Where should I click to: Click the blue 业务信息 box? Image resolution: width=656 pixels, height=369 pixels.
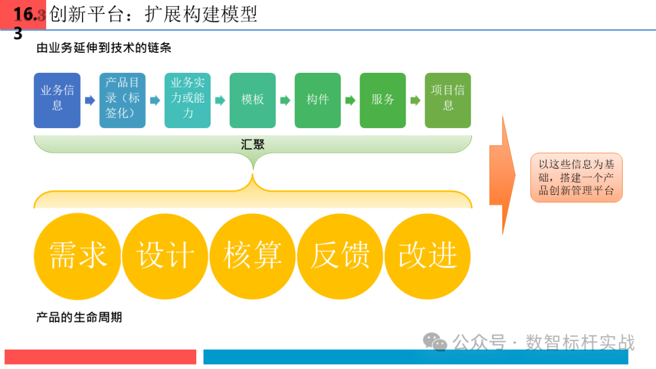click(x=57, y=100)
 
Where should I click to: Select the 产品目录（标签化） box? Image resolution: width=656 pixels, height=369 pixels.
click(x=122, y=100)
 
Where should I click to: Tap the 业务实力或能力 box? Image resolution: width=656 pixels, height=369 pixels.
click(x=187, y=100)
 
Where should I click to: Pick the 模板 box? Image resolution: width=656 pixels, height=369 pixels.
click(x=253, y=100)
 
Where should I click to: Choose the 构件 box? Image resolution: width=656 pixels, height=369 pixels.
click(x=318, y=100)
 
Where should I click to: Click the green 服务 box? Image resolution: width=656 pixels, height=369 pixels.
click(x=383, y=100)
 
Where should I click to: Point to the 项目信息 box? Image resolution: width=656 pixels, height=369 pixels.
click(x=448, y=100)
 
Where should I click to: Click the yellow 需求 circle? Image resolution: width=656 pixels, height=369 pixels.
click(x=78, y=256)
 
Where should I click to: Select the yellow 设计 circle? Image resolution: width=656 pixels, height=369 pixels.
click(x=165, y=256)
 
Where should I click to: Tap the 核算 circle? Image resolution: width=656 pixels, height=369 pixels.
click(x=253, y=256)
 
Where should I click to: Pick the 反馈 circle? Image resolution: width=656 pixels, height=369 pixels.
click(x=340, y=256)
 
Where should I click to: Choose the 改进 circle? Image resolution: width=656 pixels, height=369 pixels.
click(x=428, y=256)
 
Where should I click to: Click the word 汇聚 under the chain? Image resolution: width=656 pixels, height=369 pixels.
click(x=253, y=144)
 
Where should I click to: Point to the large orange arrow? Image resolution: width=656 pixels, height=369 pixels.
click(x=502, y=176)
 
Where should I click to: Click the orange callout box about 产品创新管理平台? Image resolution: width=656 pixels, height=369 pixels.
click(x=576, y=177)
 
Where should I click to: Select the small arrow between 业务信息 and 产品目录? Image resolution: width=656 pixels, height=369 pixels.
click(x=90, y=101)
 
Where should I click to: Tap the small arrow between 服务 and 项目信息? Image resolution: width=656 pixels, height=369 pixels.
click(x=415, y=101)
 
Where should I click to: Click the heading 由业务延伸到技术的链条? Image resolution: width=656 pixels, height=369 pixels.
click(x=104, y=48)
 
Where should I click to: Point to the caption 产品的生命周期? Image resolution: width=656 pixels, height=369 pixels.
click(x=79, y=317)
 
